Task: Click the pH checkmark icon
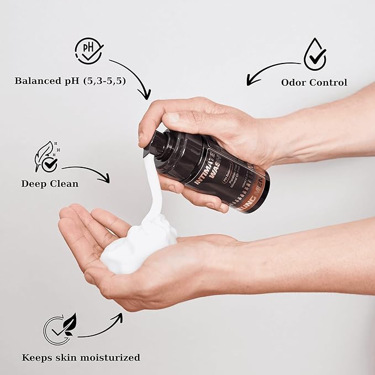pos(88,51)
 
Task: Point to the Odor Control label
pos(314,82)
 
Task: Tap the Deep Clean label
pos(49,183)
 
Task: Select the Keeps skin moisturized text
pos(81,357)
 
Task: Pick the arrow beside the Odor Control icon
pos(271,71)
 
